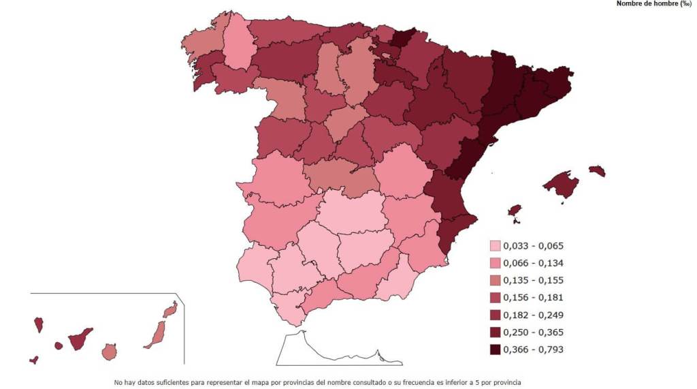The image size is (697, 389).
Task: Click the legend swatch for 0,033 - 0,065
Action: point(495,246)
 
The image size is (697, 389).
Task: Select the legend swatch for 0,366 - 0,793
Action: point(495,349)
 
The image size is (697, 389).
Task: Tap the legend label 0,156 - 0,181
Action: point(534,298)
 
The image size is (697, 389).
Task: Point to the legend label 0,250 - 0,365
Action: point(534,332)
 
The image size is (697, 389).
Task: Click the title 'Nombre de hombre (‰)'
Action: point(653,3)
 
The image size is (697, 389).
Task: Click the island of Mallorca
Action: point(562,184)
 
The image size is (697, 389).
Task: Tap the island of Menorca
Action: point(597,170)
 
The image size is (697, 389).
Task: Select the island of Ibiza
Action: point(515,211)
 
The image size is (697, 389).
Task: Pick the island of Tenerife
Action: point(80,339)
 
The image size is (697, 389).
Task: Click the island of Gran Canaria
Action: point(109,352)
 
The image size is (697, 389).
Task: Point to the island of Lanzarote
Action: point(170,310)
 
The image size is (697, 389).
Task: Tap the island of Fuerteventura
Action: point(156,335)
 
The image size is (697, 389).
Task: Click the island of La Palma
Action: point(39,324)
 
